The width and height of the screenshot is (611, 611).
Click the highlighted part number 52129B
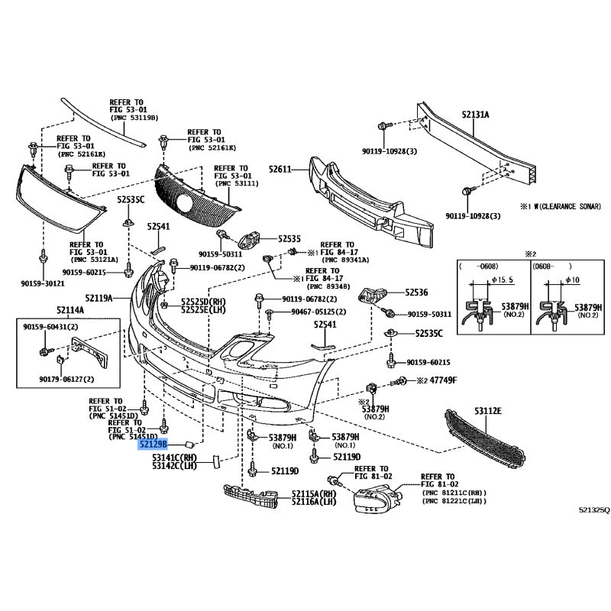pos(154,445)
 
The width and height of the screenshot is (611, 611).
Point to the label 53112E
pos(488,412)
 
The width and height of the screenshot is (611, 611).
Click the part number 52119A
pos(99,297)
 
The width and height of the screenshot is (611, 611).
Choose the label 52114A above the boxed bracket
pos(70,310)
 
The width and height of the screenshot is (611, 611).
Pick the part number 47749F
pos(444,380)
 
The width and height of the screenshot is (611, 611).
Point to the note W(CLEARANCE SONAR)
pos(561,205)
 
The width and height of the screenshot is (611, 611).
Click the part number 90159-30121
pos(42,283)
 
